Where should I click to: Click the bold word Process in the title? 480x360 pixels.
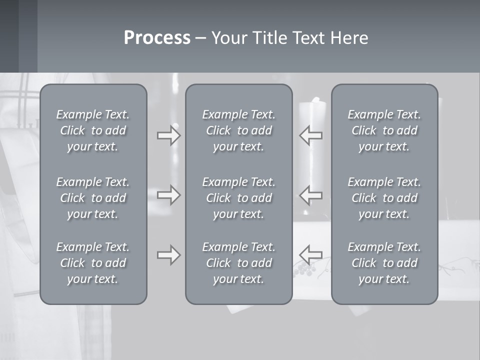coord(157,38)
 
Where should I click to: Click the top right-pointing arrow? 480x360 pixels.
coord(168,135)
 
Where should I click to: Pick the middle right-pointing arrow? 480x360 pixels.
coord(168,195)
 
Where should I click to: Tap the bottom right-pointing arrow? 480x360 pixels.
coord(168,255)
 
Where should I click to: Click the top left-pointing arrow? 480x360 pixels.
coord(311,135)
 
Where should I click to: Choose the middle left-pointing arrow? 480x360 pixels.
coord(311,195)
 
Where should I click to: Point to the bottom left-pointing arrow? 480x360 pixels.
coord(311,255)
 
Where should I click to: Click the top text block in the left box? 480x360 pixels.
coord(93,130)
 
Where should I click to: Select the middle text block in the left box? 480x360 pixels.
coord(93,198)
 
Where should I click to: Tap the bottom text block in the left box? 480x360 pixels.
coord(93,263)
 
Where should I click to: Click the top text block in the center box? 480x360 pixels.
coord(238,130)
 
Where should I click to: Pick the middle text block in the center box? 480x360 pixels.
coord(238,198)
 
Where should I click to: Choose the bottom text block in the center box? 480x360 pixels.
coord(238,263)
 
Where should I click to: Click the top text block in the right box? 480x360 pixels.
coord(384,130)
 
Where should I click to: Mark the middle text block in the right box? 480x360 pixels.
coord(384,198)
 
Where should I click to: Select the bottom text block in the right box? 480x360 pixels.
coord(384,263)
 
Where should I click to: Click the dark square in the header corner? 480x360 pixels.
coord(9,36)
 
